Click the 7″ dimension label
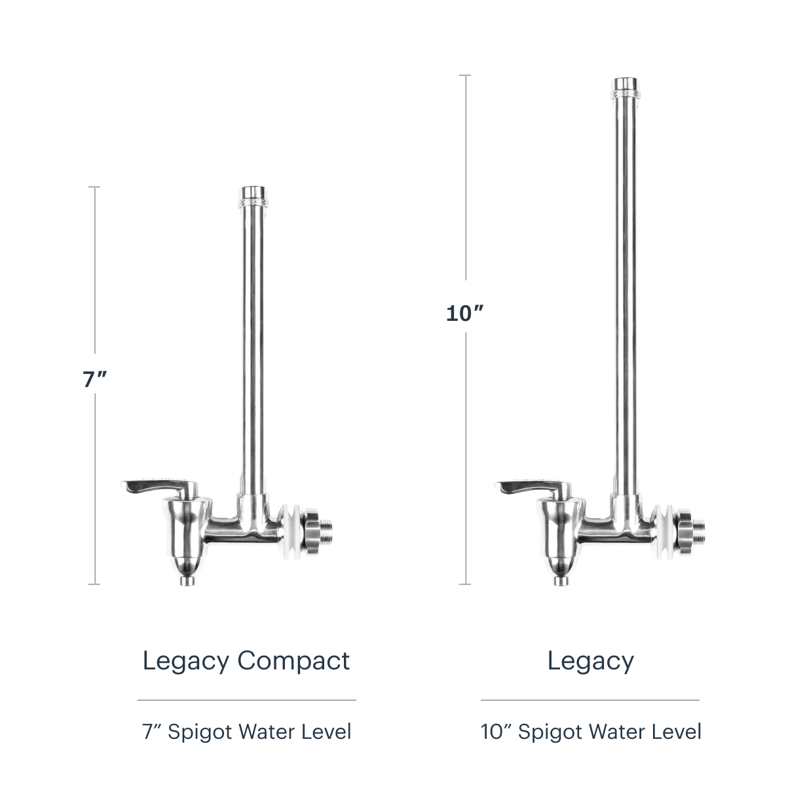pos(94,379)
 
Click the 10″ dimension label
pos(464,314)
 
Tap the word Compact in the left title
pos(293,661)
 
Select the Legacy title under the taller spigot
pos(590,661)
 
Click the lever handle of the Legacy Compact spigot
pos(159,487)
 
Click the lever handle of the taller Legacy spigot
pos(533,487)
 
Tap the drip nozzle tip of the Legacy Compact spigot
pos(187,581)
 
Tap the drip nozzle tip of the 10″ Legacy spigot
pos(561,581)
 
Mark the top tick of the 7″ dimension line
pos(94,187)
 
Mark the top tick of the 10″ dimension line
pos(465,75)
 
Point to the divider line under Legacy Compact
pos(247,700)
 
